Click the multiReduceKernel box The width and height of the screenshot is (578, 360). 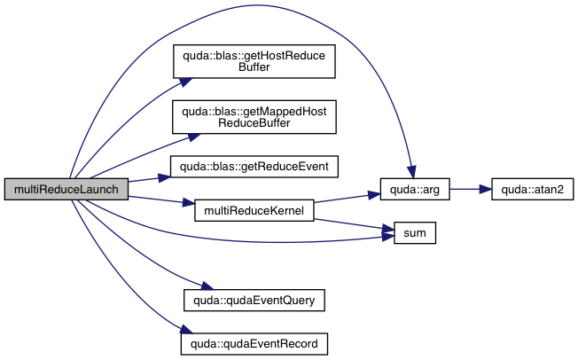(x=254, y=212)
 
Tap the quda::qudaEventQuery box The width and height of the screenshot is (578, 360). (x=253, y=300)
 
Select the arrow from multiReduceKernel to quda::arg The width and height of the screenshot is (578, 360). (x=346, y=199)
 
